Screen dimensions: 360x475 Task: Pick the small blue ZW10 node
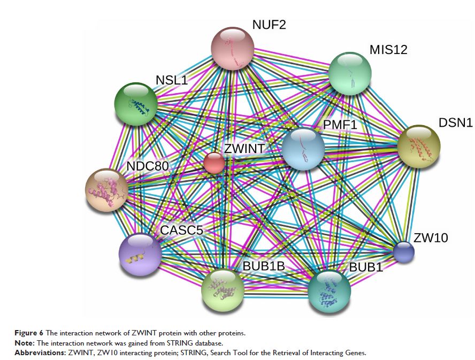point(403,252)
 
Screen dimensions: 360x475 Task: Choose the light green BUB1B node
point(223,290)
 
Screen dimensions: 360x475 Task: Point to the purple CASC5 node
point(140,254)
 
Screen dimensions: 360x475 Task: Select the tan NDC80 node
point(107,190)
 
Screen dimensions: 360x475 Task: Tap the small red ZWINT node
point(214,163)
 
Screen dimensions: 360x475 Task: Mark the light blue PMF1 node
point(303,149)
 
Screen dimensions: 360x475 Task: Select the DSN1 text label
point(455,122)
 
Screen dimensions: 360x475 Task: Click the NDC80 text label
point(148,165)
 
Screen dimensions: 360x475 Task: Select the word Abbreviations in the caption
point(117,353)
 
